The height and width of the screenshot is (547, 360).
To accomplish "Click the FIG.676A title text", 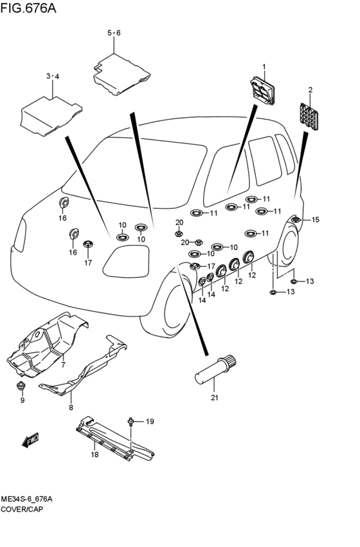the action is click(28, 7).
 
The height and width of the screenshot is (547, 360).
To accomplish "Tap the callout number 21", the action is click(214, 397).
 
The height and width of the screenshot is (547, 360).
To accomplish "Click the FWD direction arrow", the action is click(30, 440).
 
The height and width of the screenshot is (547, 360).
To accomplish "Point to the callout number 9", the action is click(22, 400).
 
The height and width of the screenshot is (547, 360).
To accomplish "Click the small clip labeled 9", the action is click(22, 386).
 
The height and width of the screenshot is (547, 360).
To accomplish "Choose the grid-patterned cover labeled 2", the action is click(309, 116).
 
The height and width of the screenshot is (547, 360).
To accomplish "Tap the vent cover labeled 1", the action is click(262, 91).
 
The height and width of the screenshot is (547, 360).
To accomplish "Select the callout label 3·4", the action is click(53, 76).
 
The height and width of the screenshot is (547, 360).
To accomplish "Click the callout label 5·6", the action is click(114, 33).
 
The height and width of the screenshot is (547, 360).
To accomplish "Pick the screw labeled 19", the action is click(130, 422).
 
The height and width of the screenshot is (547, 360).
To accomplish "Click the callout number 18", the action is click(94, 454).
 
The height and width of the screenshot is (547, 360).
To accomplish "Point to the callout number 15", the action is click(315, 220).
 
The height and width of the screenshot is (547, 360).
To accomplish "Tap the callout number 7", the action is click(63, 365).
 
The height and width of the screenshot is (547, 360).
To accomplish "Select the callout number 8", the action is click(71, 408).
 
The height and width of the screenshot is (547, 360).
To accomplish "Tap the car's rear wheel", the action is click(286, 246).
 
